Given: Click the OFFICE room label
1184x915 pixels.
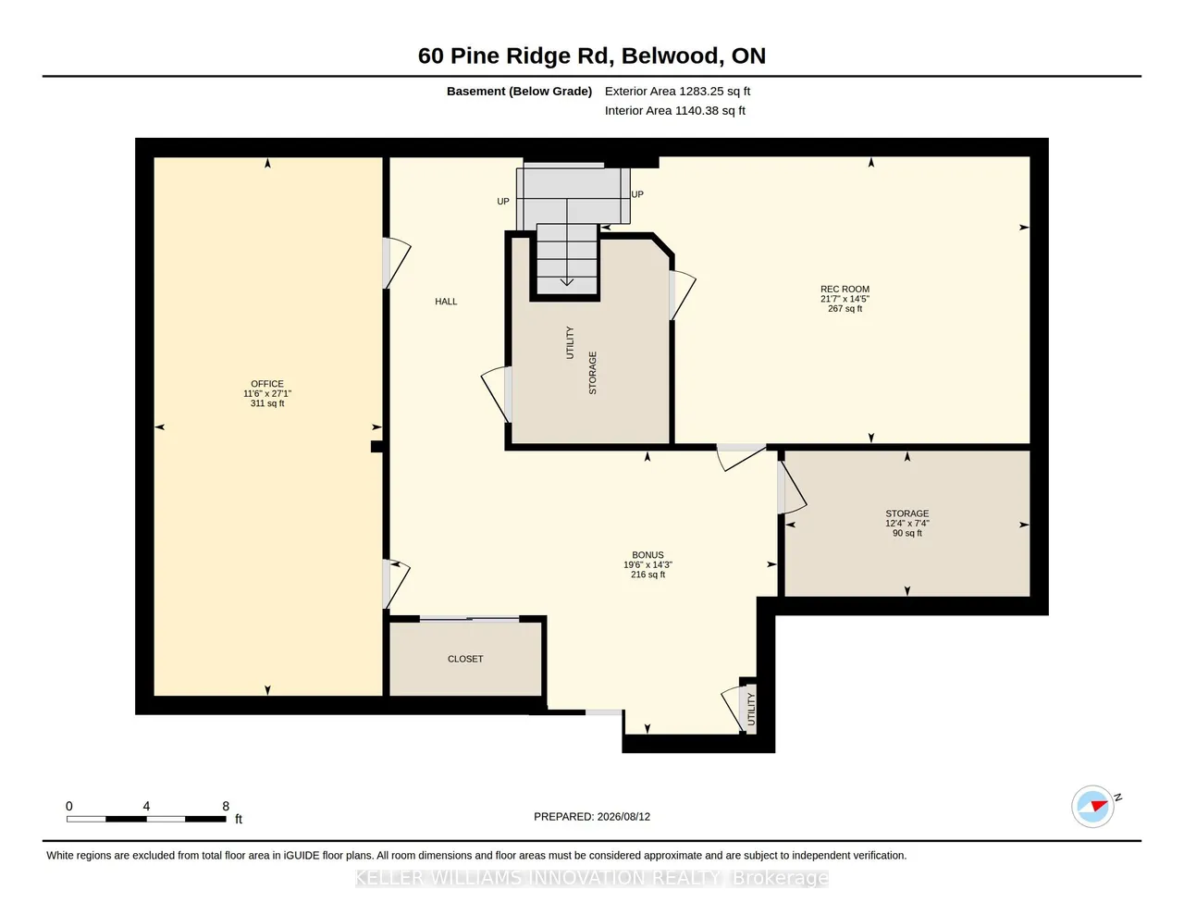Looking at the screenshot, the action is (267, 384).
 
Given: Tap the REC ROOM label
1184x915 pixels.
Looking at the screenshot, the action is (845, 289).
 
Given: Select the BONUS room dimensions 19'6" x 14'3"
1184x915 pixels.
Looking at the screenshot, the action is (647, 564).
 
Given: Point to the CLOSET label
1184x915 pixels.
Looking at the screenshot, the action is (465, 659).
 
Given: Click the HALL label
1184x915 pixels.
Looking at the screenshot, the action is (446, 302).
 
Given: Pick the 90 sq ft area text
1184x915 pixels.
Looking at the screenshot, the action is (907, 533).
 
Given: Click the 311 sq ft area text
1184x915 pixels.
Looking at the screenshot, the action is (267, 403).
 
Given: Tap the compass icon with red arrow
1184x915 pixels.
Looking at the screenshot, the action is (1092, 807).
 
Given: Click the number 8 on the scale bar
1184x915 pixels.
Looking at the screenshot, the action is (226, 806).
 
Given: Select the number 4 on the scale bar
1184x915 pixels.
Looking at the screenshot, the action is (146, 806).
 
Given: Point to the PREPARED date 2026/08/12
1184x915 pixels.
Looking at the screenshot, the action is (623, 816).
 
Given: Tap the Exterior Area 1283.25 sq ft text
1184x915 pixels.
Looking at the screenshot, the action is (677, 91).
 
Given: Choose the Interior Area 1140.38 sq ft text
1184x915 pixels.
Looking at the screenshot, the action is (674, 111).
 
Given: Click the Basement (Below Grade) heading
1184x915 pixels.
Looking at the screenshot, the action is (519, 91).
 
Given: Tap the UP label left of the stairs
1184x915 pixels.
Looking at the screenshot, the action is (503, 201).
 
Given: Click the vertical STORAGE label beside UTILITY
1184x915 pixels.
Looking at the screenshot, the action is (593, 373).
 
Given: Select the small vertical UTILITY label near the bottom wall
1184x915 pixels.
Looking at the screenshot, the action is (751, 709).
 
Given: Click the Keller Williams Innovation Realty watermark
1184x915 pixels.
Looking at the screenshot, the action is (592, 878).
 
